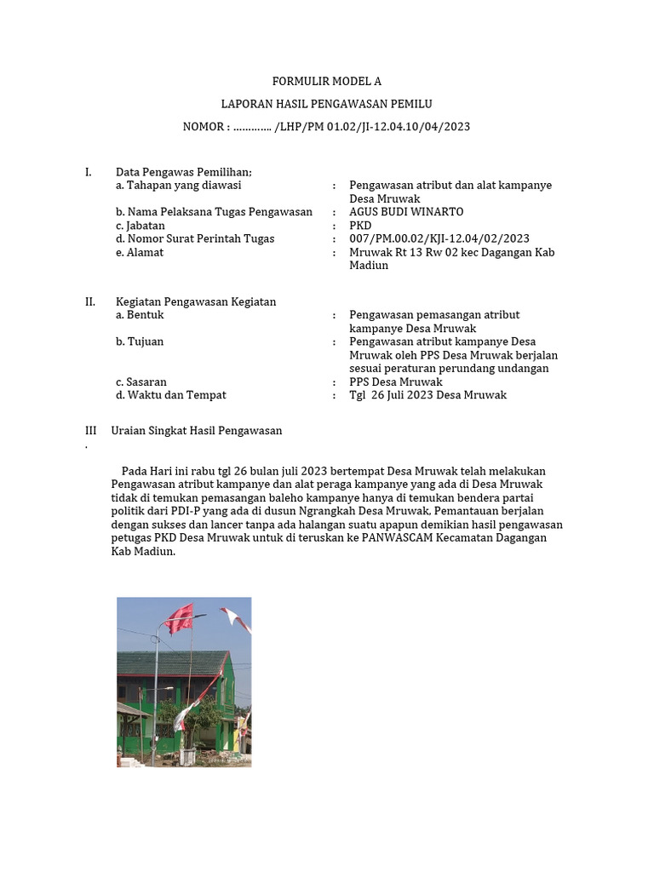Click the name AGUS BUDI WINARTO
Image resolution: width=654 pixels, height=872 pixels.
coord(406,212)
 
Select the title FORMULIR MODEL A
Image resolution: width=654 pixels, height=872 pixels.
coord(327,82)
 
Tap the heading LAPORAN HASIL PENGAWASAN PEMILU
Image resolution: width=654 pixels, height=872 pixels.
coord(327,104)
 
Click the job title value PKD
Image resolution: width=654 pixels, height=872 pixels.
coord(360,226)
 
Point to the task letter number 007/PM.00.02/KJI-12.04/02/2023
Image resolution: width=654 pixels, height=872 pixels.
coord(439,239)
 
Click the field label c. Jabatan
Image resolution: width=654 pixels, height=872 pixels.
coord(141,226)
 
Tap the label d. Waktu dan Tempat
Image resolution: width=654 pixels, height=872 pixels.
coord(171,395)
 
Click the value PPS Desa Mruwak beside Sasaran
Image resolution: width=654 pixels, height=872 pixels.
coord(396,382)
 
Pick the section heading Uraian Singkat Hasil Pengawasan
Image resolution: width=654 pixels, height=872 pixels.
coord(197,431)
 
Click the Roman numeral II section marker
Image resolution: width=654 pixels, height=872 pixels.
coord(89,301)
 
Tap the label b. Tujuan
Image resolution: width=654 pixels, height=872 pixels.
coord(140,342)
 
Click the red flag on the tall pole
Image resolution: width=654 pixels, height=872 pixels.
coord(181,618)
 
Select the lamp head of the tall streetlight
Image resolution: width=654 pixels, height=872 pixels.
coord(198,616)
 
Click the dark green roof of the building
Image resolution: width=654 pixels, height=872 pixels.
coord(170,663)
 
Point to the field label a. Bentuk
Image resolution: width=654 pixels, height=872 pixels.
coord(140,315)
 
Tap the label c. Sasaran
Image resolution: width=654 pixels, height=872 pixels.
coord(141,382)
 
